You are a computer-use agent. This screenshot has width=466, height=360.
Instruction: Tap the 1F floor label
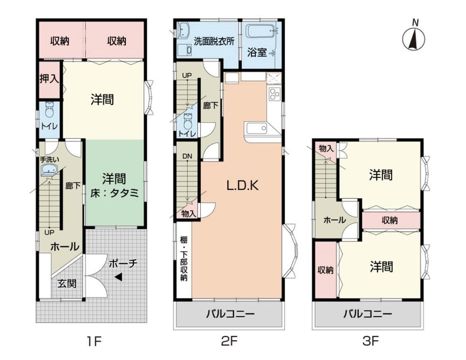point(95,341)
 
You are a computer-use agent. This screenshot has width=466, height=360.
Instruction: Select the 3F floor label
point(370,341)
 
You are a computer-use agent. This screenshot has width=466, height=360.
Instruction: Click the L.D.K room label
point(242,186)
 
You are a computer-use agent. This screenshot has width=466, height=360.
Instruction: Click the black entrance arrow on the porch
point(118,277)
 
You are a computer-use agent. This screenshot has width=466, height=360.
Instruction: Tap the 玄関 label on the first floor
point(67,283)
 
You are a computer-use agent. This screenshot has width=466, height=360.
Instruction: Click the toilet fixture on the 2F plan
point(187,120)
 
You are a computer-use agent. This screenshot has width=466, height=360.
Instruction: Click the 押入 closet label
point(49,79)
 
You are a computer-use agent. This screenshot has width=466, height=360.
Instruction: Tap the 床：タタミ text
point(115,194)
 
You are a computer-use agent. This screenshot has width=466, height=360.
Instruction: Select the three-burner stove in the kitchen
point(274,94)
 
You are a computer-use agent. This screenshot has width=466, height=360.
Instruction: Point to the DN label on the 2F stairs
point(187,156)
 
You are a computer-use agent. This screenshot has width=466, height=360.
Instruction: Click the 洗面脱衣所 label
point(214,42)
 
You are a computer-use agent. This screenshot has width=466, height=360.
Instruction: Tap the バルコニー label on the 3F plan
point(368,314)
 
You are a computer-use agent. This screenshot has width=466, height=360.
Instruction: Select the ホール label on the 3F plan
point(334,220)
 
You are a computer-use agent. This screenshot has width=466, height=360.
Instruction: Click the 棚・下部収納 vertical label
point(184,259)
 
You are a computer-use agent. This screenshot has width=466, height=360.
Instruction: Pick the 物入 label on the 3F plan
point(326,148)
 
